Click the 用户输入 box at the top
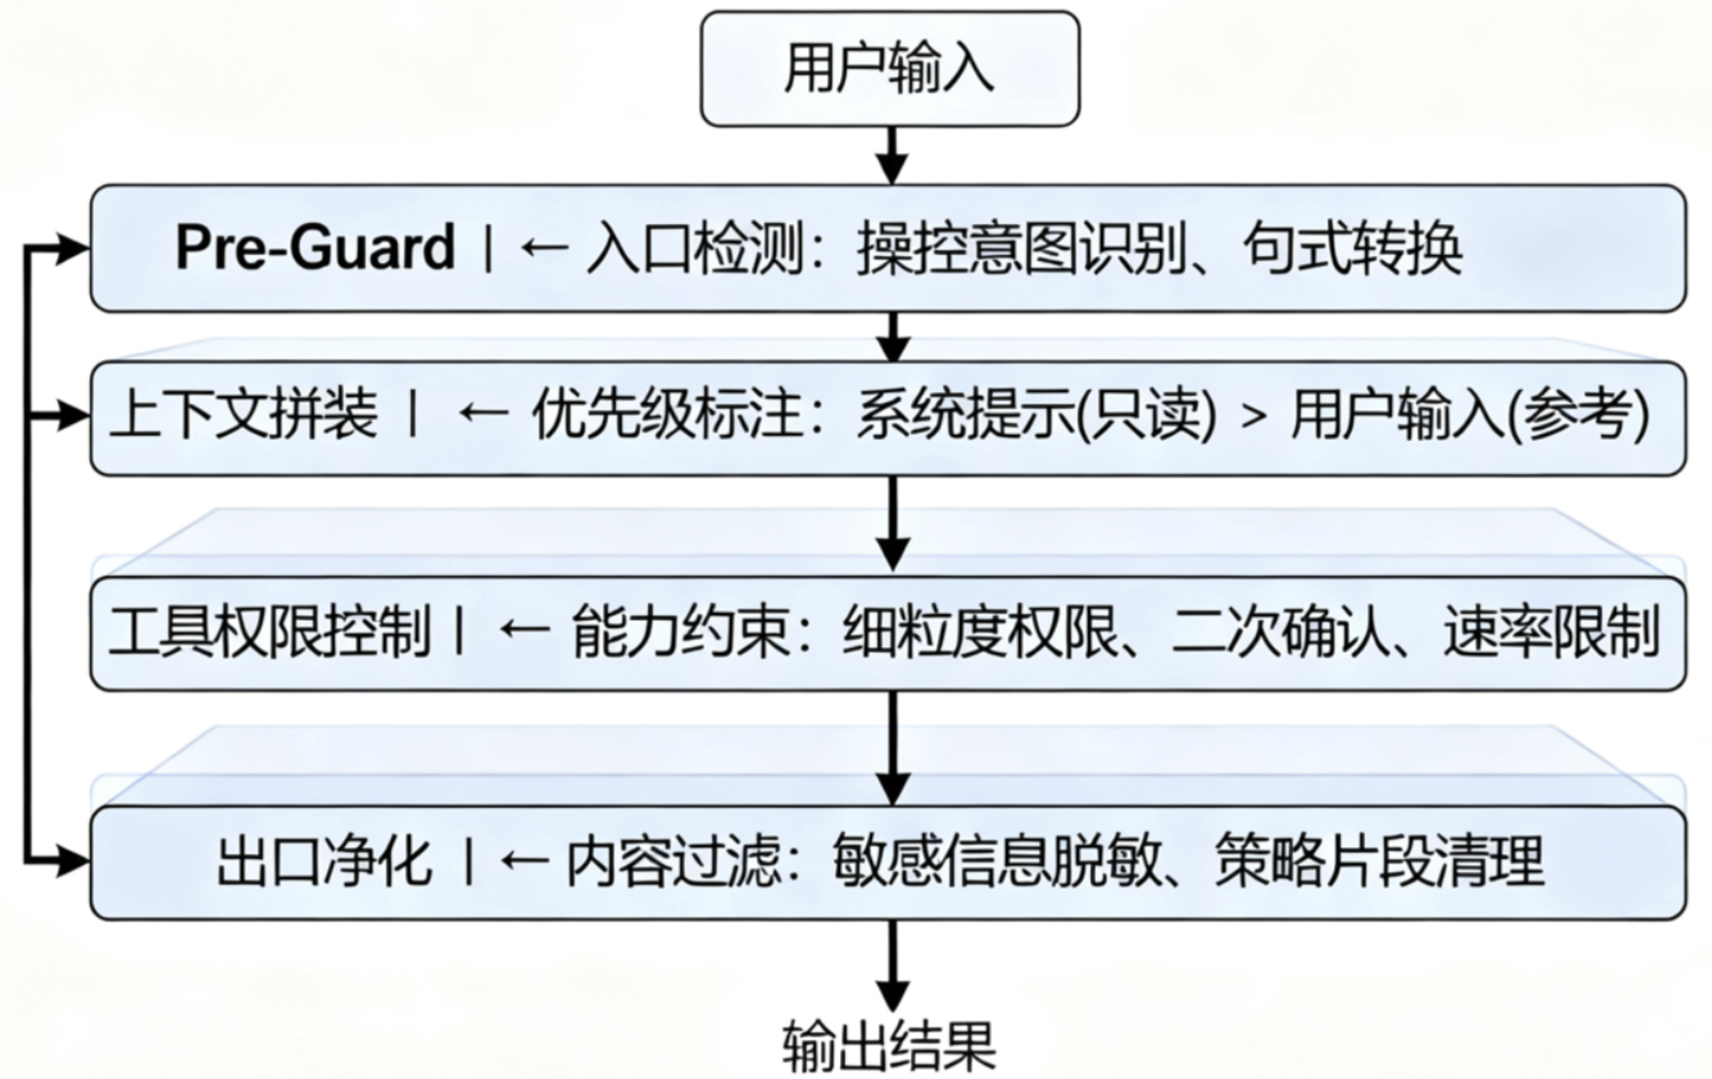(x=889, y=68)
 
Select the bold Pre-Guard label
(x=315, y=249)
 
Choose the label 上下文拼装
(x=244, y=414)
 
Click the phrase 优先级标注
(x=666, y=414)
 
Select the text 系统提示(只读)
(x=1036, y=414)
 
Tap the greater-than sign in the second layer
(x=1253, y=416)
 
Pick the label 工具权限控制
(x=269, y=631)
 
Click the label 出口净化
(x=324, y=862)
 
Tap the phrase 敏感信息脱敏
(x=996, y=862)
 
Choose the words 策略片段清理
(x=1379, y=862)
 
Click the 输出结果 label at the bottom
(x=889, y=1047)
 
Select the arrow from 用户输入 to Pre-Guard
(x=892, y=156)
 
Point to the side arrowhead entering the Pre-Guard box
(x=73, y=249)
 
